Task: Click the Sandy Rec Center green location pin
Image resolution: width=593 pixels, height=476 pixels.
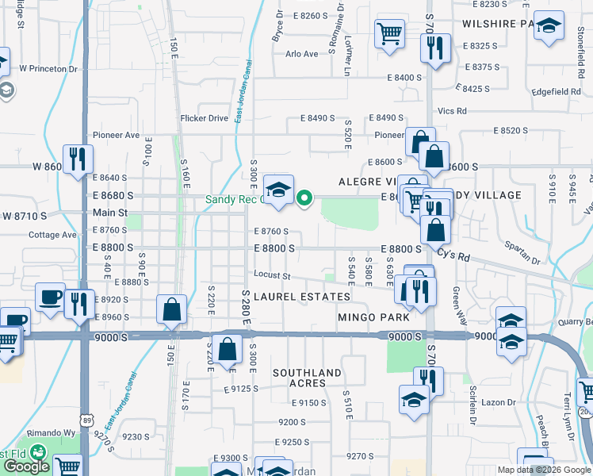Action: pyautogui.click(x=303, y=198)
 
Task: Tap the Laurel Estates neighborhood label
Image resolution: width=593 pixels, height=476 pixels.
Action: pyautogui.click(x=302, y=297)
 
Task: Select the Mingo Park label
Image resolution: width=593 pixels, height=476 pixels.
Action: pyautogui.click(x=373, y=317)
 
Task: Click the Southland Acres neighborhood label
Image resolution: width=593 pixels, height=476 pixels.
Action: pyautogui.click(x=307, y=378)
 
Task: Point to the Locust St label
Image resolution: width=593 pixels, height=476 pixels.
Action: pyautogui.click(x=273, y=276)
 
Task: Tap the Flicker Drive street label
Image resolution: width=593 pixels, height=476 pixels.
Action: pyautogui.click(x=204, y=118)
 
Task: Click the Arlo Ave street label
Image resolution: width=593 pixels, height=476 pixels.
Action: pyautogui.click(x=301, y=54)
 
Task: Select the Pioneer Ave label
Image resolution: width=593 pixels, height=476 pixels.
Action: pyautogui.click(x=116, y=135)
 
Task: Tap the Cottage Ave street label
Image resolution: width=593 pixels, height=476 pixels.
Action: pyautogui.click(x=52, y=235)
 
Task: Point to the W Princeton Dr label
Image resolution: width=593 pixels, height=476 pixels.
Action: pyautogui.click(x=52, y=69)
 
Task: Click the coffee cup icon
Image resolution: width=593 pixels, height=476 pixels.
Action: pyautogui.click(x=50, y=297)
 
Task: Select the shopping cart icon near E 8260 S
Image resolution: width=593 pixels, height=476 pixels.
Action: pyautogui.click(x=389, y=34)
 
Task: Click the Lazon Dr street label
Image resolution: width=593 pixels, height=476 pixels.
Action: pyautogui.click(x=499, y=402)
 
